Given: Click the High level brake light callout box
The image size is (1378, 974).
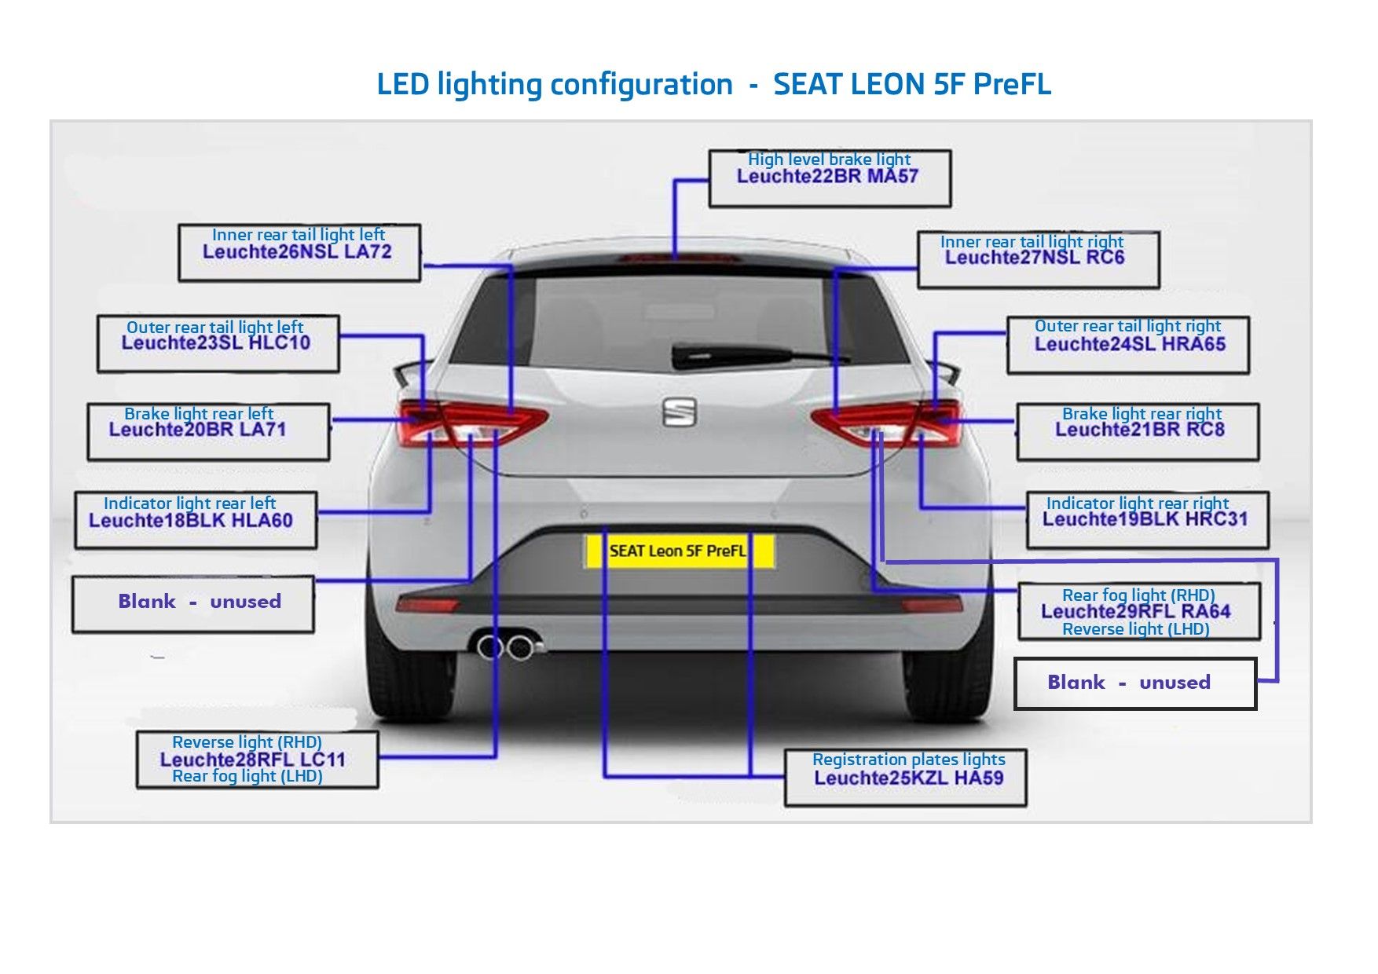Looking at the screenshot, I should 829,178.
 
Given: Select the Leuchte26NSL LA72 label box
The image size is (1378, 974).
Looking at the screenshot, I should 299,252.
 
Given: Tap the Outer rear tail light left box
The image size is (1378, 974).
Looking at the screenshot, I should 218,343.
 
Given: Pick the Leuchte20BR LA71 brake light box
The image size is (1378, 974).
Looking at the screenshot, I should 207,431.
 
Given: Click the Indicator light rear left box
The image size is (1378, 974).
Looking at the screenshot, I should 195,519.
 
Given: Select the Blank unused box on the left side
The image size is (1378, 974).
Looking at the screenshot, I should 192,603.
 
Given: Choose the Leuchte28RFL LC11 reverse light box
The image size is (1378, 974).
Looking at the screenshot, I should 256,760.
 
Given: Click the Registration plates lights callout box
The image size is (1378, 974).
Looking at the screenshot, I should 905,777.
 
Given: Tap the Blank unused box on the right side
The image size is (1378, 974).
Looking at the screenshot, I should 1134,683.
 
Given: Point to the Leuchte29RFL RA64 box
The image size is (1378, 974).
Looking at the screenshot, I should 1138,612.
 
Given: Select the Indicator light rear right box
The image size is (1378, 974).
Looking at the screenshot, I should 1146,519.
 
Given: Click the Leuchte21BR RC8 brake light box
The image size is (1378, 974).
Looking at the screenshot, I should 1137,431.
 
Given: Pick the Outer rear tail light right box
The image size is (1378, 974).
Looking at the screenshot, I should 1127,344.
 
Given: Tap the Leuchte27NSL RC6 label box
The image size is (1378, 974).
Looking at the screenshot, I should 1037,258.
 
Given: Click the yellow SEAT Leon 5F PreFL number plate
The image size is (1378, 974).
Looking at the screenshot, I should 679,551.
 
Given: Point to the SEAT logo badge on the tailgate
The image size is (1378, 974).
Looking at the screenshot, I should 679,412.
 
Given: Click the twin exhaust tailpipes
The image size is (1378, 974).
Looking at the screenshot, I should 505,647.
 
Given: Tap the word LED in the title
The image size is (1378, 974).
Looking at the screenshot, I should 402,84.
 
